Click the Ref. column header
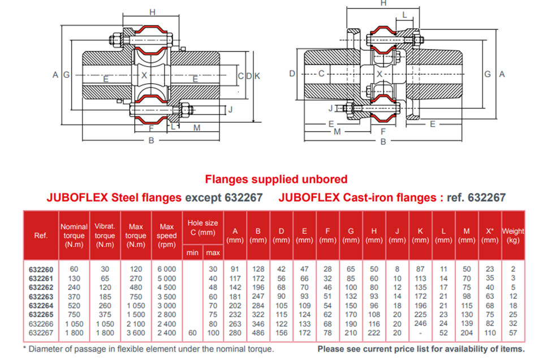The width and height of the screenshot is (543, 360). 41,235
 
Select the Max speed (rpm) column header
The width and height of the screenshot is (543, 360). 166,235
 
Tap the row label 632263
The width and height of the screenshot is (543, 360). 41,297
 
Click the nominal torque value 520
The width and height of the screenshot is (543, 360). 74,306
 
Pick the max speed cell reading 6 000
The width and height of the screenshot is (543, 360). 166,269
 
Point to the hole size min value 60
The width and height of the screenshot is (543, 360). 192,333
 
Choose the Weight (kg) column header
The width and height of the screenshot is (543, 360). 513,235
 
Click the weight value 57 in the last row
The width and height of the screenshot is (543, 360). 513,333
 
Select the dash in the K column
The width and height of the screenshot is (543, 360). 420,333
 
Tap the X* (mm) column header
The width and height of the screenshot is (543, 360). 490,235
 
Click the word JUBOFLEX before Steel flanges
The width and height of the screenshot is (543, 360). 77,198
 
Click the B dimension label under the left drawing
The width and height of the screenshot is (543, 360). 151,141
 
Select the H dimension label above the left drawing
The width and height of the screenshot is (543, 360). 152,12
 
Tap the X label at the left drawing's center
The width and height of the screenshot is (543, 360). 144,75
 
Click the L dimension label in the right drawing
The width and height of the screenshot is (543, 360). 404,15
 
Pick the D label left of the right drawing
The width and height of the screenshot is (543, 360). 292,74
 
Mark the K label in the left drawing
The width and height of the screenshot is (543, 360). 257,76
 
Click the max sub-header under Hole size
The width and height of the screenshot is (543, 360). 213,253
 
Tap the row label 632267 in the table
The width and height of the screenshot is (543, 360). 41,333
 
